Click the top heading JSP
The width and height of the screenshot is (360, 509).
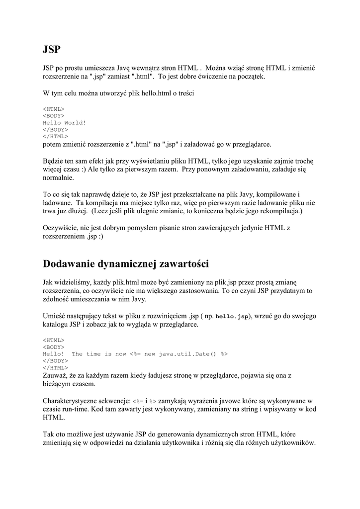tap(51, 49)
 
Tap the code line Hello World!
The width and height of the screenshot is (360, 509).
tap(64, 122)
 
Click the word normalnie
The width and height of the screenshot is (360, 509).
tap(58, 177)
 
